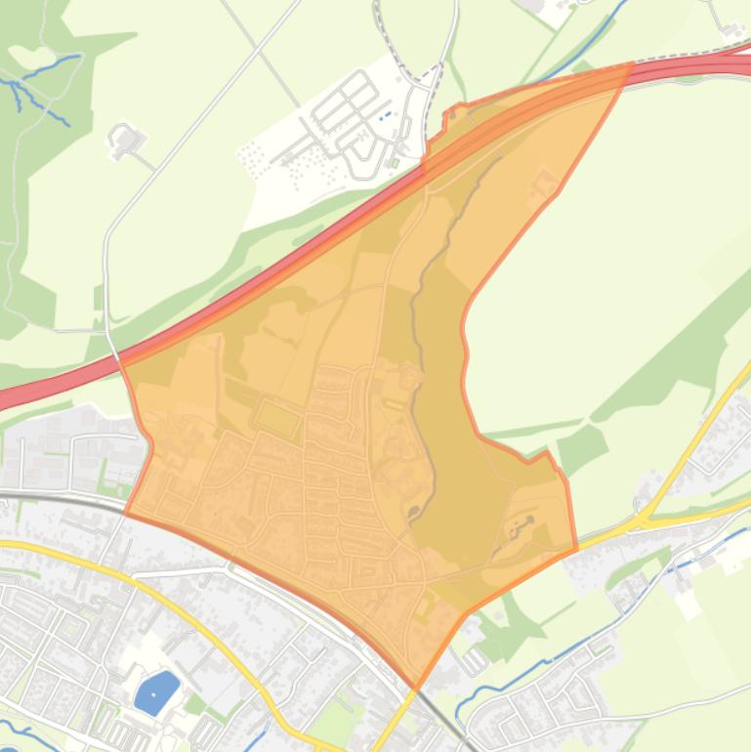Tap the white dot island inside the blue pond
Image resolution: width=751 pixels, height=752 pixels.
[x=162, y=684]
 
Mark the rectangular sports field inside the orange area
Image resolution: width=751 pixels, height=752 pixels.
[x=277, y=419]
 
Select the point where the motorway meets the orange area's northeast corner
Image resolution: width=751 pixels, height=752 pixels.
[x=630, y=66]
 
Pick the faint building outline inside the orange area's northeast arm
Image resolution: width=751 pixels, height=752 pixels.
[x=544, y=183]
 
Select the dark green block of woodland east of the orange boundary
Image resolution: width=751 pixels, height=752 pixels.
[x=583, y=446]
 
